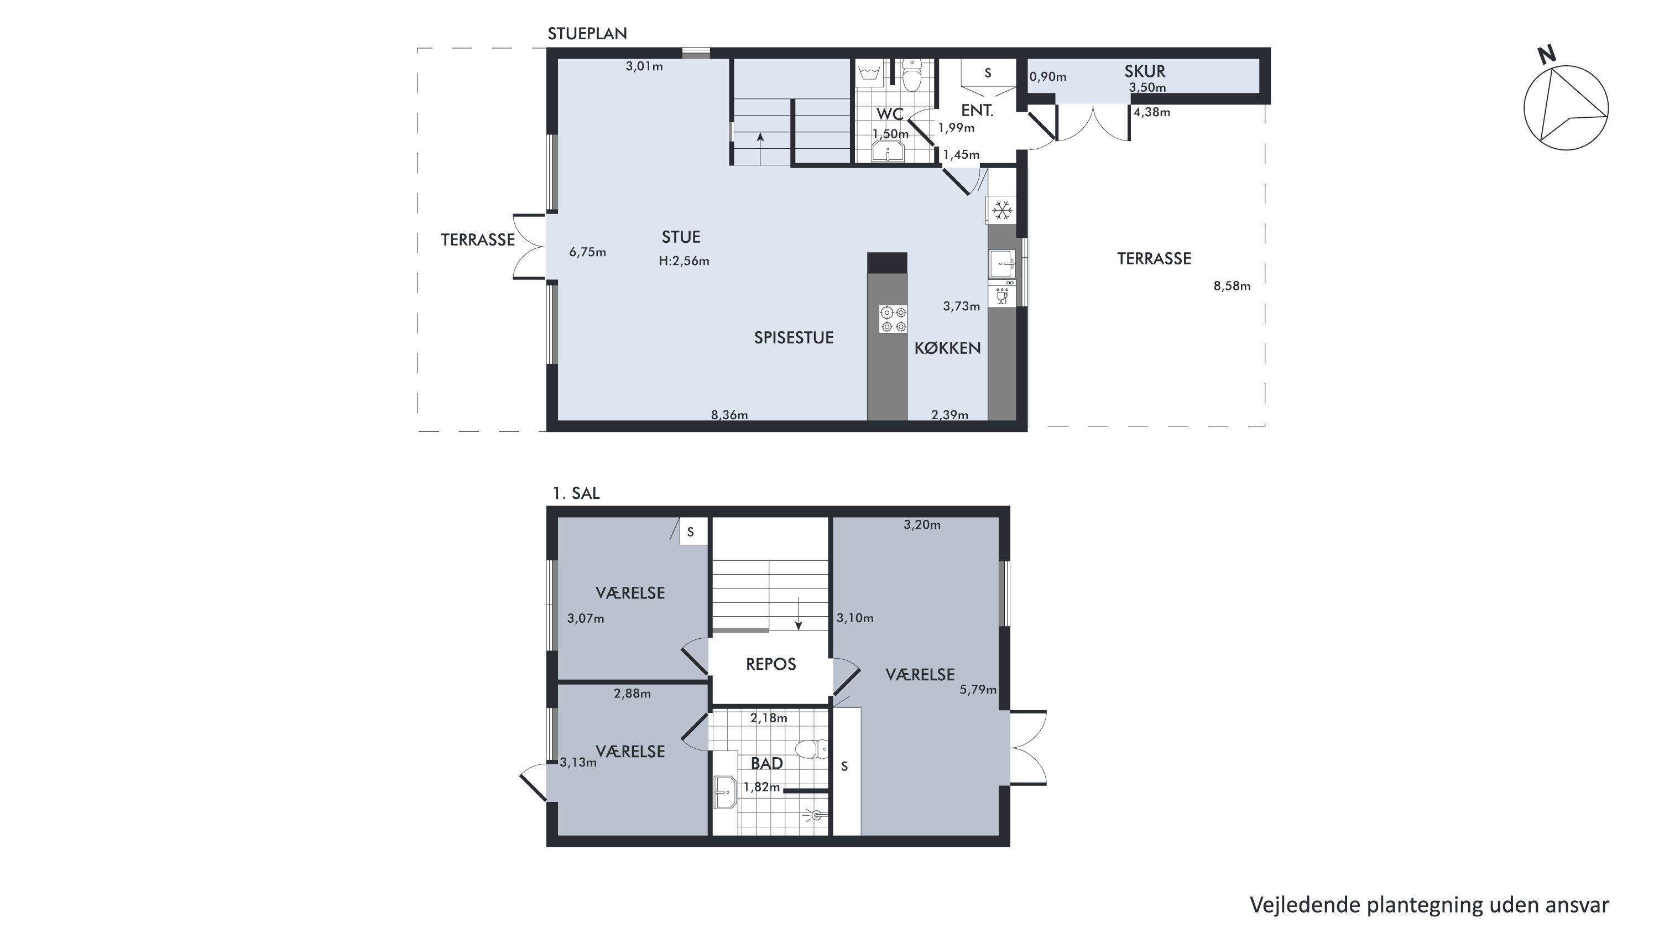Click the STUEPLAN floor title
(x=587, y=34)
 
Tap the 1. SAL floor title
(x=576, y=493)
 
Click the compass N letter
(x=1547, y=55)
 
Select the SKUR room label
(x=1144, y=71)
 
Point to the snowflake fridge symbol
(x=1001, y=210)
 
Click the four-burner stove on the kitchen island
(x=893, y=319)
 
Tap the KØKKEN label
(x=947, y=348)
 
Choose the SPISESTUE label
(x=794, y=337)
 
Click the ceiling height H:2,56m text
(x=684, y=261)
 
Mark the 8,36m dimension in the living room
(x=729, y=415)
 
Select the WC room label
(x=889, y=114)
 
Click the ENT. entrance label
(x=977, y=110)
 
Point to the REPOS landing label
(x=771, y=664)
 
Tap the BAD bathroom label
(x=767, y=763)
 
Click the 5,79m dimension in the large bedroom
(x=978, y=690)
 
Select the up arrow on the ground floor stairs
(x=760, y=149)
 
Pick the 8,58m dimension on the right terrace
(x=1232, y=286)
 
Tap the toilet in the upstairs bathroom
(x=811, y=749)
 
